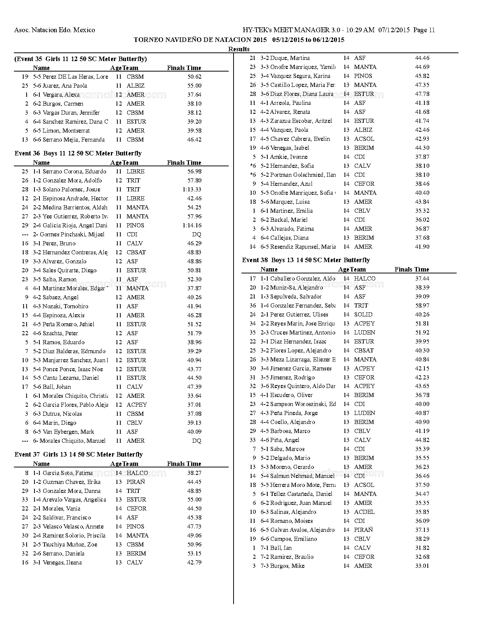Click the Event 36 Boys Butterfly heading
point(78,153)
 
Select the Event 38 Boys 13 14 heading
point(306,260)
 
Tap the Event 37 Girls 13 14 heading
point(78,454)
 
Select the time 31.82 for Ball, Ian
point(422,548)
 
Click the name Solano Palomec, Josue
point(71,190)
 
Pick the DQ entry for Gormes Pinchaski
point(196,234)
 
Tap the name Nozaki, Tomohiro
point(66,306)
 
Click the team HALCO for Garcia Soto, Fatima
point(137,473)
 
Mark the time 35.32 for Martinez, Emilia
point(422,211)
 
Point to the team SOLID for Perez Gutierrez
point(363,315)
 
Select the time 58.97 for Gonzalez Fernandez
point(422,306)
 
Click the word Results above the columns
point(239,49)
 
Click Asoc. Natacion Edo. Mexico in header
point(54,30)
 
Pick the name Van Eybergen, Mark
point(68,432)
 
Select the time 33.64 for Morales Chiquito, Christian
point(194,396)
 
